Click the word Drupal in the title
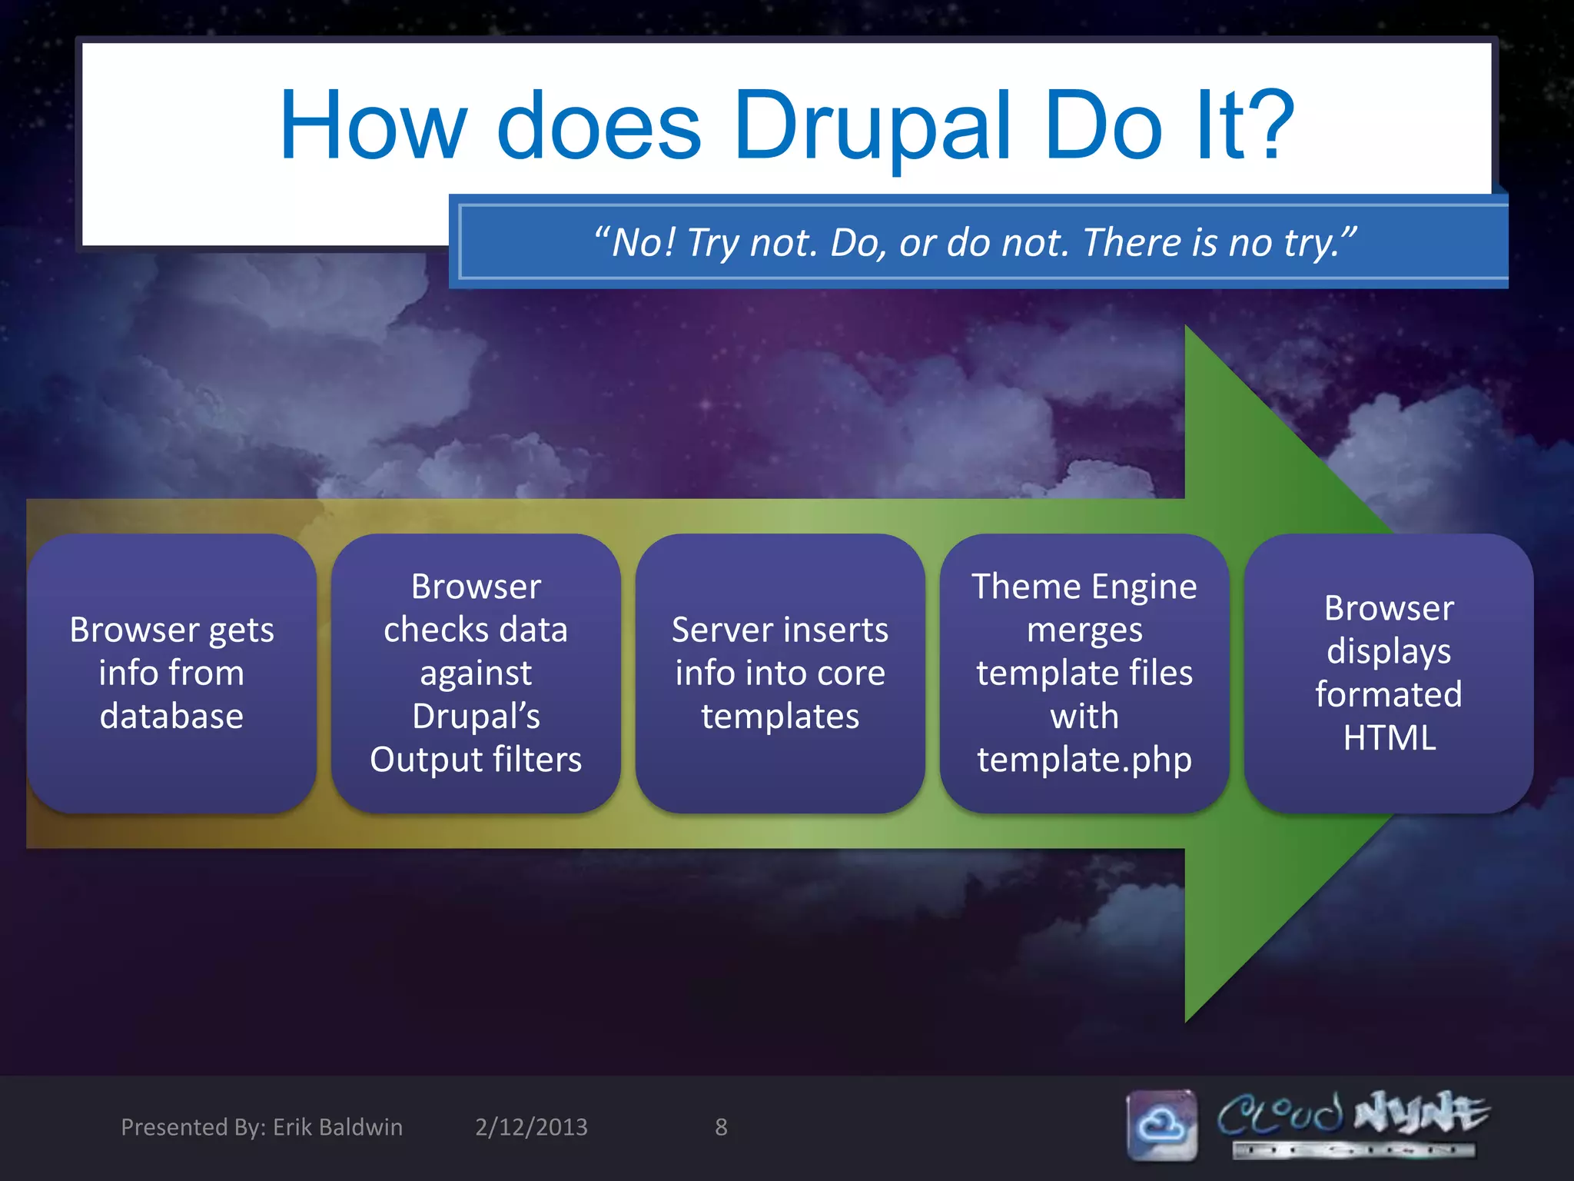click(x=872, y=127)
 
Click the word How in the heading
click(x=373, y=127)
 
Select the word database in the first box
click(x=171, y=717)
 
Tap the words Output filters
click(x=476, y=760)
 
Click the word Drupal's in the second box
click(x=476, y=717)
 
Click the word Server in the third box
click(x=719, y=630)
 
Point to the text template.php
click(x=1084, y=760)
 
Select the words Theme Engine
click(x=1084, y=587)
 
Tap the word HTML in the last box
click(x=1389, y=738)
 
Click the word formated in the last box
click(x=1389, y=695)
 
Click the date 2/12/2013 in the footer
click(x=531, y=1127)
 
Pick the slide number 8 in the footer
click(x=721, y=1127)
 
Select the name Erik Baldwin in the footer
click(x=337, y=1127)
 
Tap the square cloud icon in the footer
click(x=1161, y=1125)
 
